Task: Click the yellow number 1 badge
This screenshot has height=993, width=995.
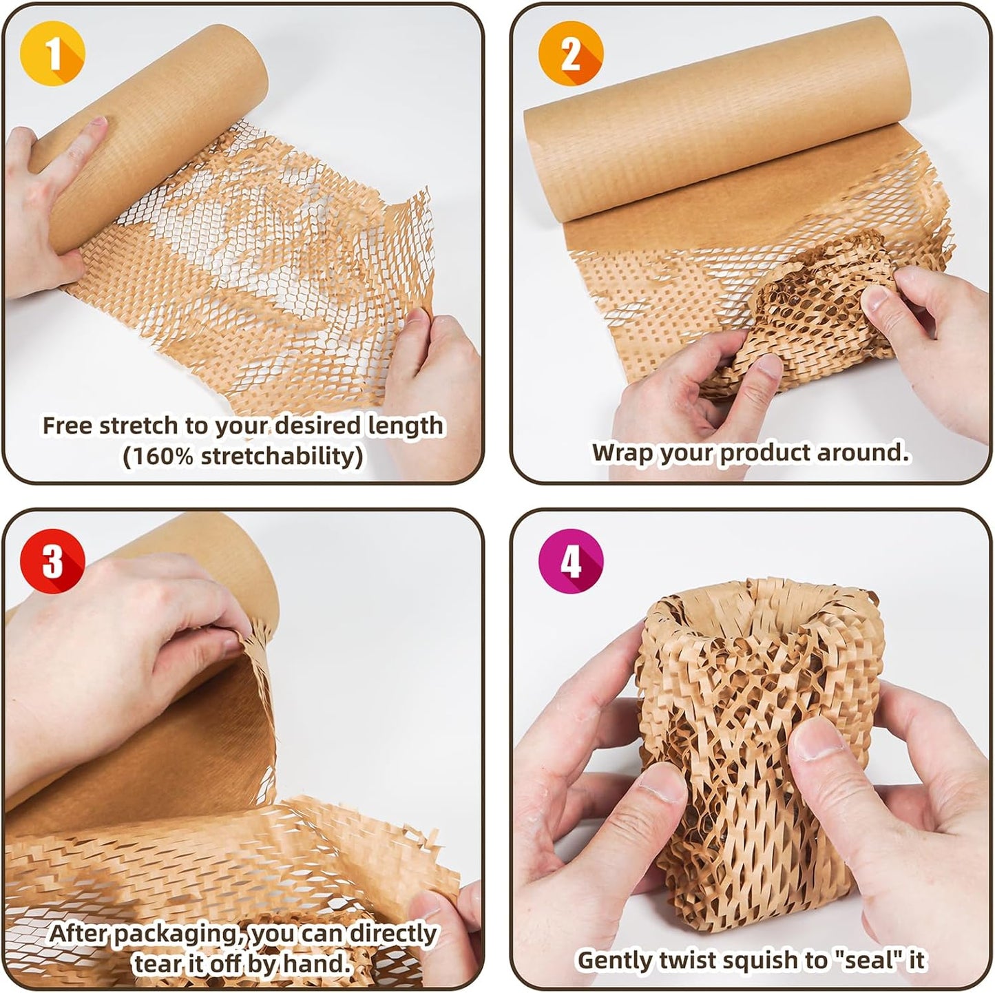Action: pos(54,54)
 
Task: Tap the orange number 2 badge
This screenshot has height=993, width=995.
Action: pos(570,54)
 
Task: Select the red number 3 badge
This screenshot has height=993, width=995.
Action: pos(52,561)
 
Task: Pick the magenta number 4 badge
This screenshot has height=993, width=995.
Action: pos(570,561)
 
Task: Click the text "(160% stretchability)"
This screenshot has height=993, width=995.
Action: pos(242,456)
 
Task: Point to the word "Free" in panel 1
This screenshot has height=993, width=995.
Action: pos(67,426)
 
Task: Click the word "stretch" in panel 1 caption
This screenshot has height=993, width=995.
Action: pos(139,426)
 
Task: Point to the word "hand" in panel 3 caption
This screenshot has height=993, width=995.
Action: pos(315,963)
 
